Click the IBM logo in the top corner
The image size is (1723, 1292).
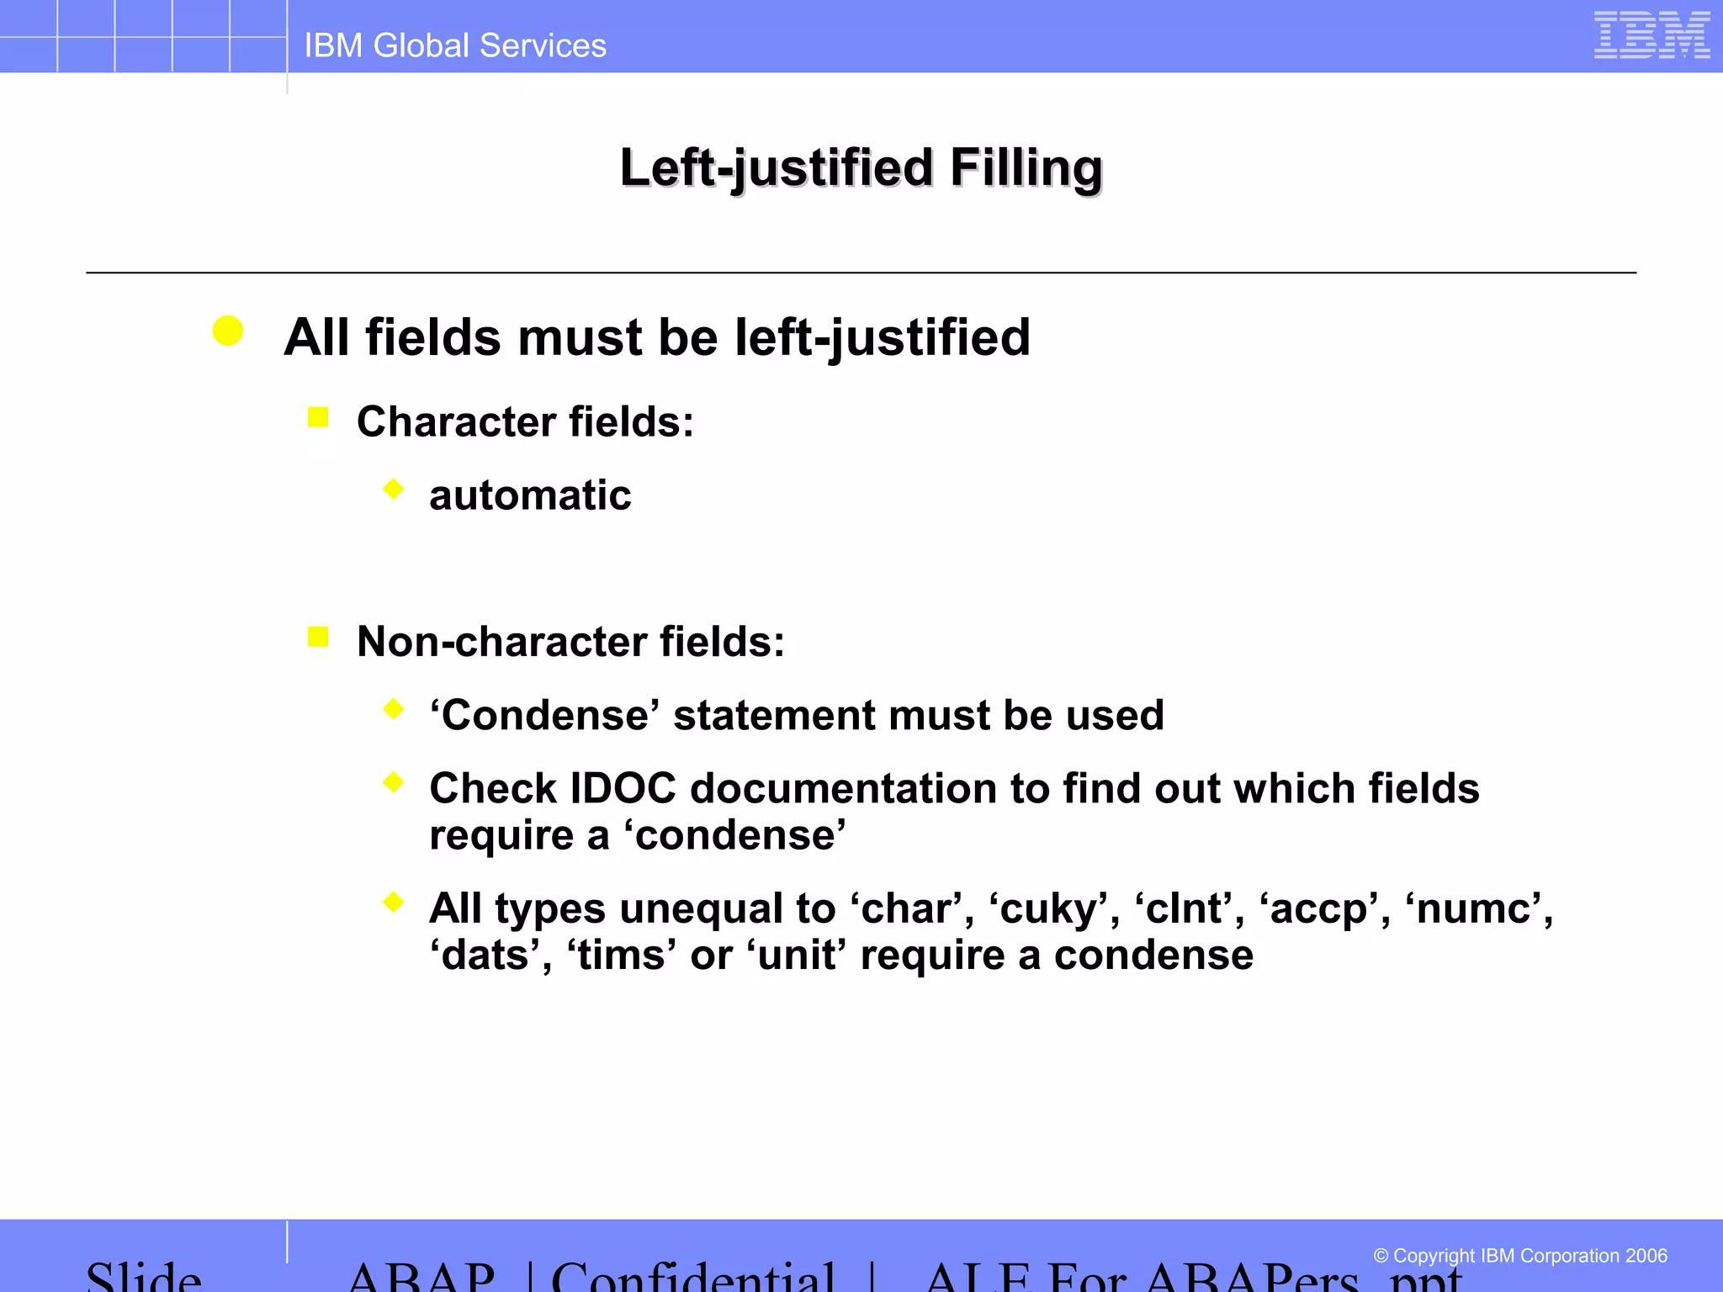[x=1651, y=35]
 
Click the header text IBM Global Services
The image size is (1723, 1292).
[x=455, y=45]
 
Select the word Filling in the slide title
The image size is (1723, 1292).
[x=1026, y=167]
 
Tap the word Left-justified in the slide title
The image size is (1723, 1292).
[x=776, y=167]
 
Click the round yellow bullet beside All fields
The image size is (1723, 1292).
[x=228, y=331]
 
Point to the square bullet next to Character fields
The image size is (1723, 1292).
[x=318, y=416]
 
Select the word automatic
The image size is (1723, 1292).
[x=530, y=495]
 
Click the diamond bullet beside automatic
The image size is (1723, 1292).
[x=393, y=489]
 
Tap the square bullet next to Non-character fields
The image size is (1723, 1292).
[x=318, y=637]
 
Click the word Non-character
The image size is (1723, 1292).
[x=501, y=642]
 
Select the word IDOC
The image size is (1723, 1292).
[x=623, y=789]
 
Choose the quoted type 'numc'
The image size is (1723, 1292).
[x=1477, y=909]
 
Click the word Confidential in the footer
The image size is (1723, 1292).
[x=693, y=1277]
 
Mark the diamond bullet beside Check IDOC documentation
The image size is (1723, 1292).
[x=393, y=783]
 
